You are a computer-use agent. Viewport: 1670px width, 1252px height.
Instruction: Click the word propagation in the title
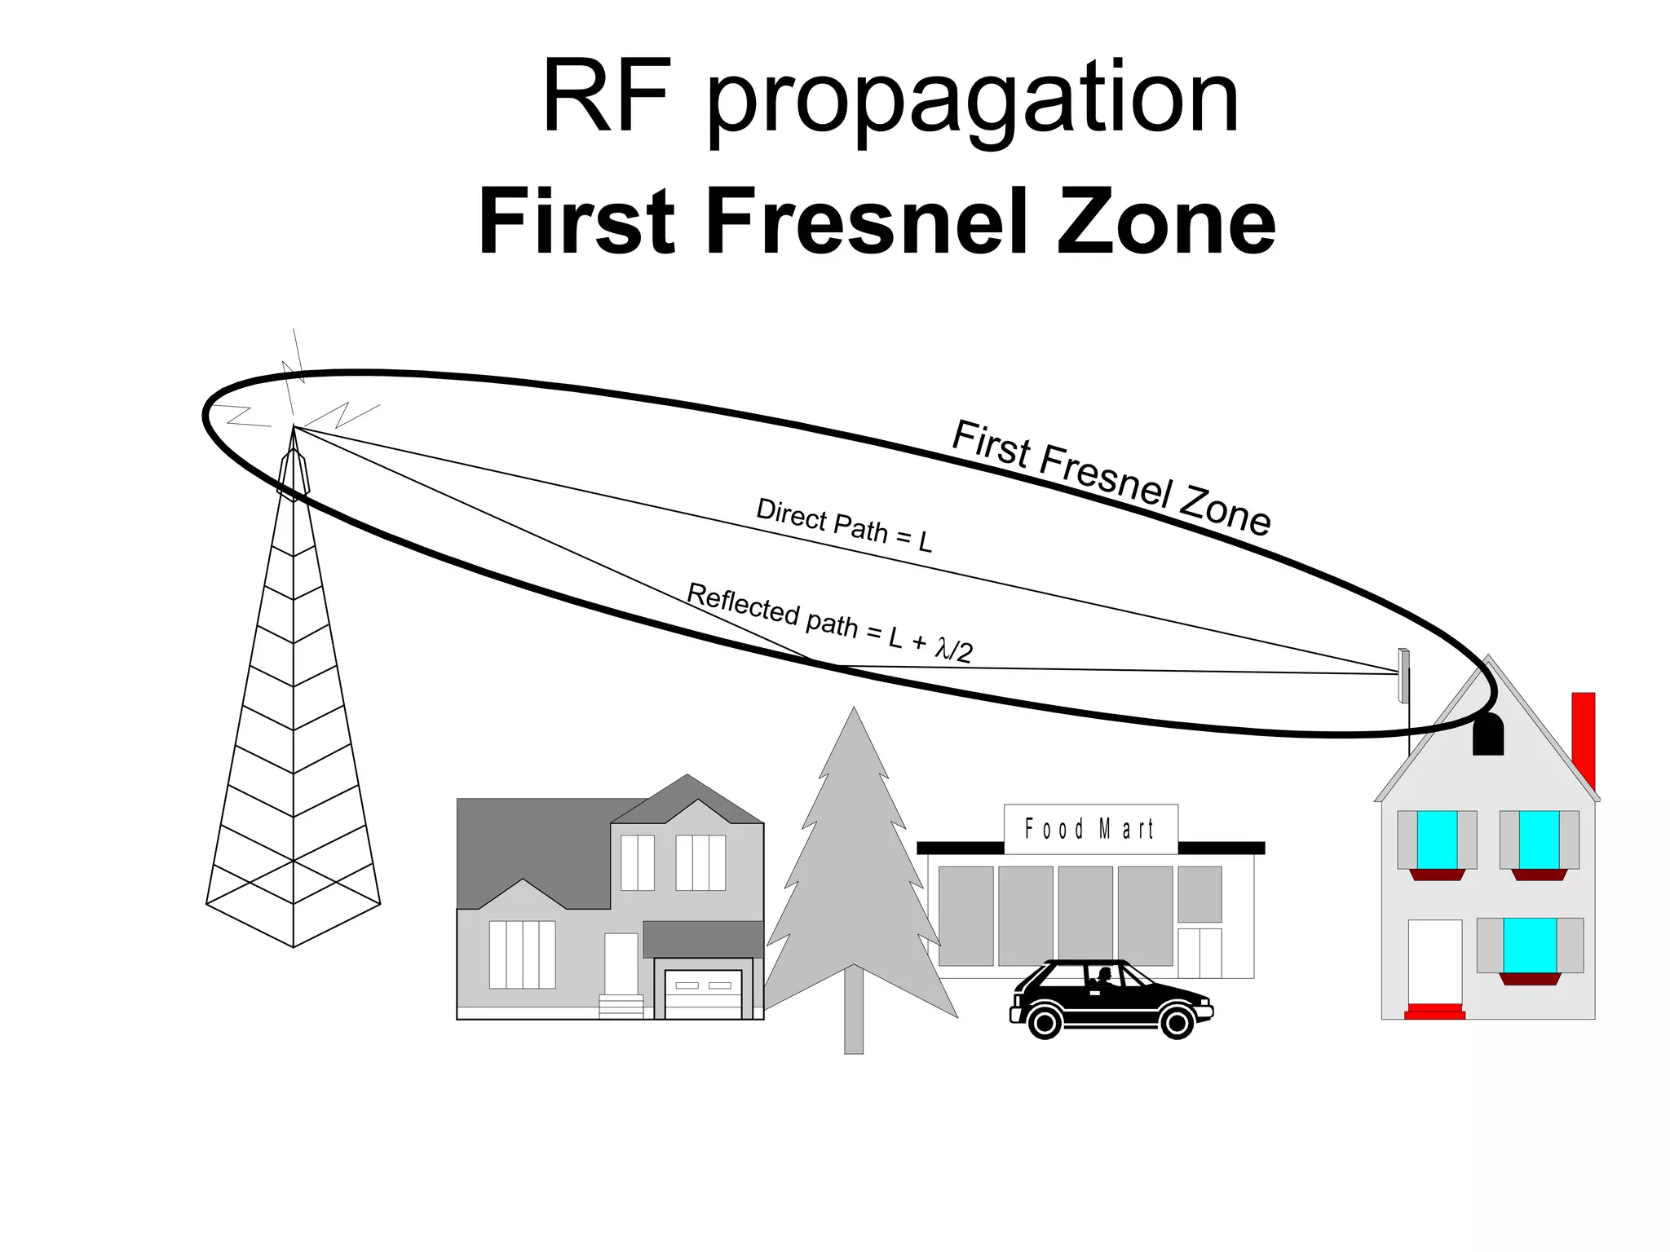click(x=972, y=99)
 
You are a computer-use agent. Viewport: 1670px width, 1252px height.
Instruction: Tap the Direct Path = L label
click(x=844, y=525)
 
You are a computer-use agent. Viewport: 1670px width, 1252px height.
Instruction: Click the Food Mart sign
click(x=1090, y=829)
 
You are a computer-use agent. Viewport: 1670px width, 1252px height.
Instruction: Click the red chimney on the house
click(x=1583, y=738)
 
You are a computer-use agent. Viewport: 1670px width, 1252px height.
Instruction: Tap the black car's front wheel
click(x=1176, y=1021)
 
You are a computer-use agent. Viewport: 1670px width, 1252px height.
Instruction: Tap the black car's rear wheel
click(x=1045, y=1021)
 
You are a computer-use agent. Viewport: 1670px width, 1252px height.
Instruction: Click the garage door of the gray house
click(x=703, y=994)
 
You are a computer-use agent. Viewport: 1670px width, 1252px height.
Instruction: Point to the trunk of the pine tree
click(x=854, y=1011)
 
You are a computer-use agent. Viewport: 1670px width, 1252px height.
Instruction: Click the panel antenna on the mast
click(x=1403, y=675)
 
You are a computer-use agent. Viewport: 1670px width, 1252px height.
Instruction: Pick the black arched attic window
click(x=1487, y=734)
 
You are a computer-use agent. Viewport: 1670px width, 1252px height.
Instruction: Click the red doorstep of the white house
click(x=1434, y=1012)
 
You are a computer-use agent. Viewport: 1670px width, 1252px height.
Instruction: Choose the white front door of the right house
click(x=1434, y=962)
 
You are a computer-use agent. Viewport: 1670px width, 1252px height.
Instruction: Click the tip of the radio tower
click(x=294, y=429)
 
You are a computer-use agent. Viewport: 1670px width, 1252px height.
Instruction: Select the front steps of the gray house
click(x=621, y=1006)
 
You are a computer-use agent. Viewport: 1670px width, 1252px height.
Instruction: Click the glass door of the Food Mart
click(x=1199, y=952)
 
